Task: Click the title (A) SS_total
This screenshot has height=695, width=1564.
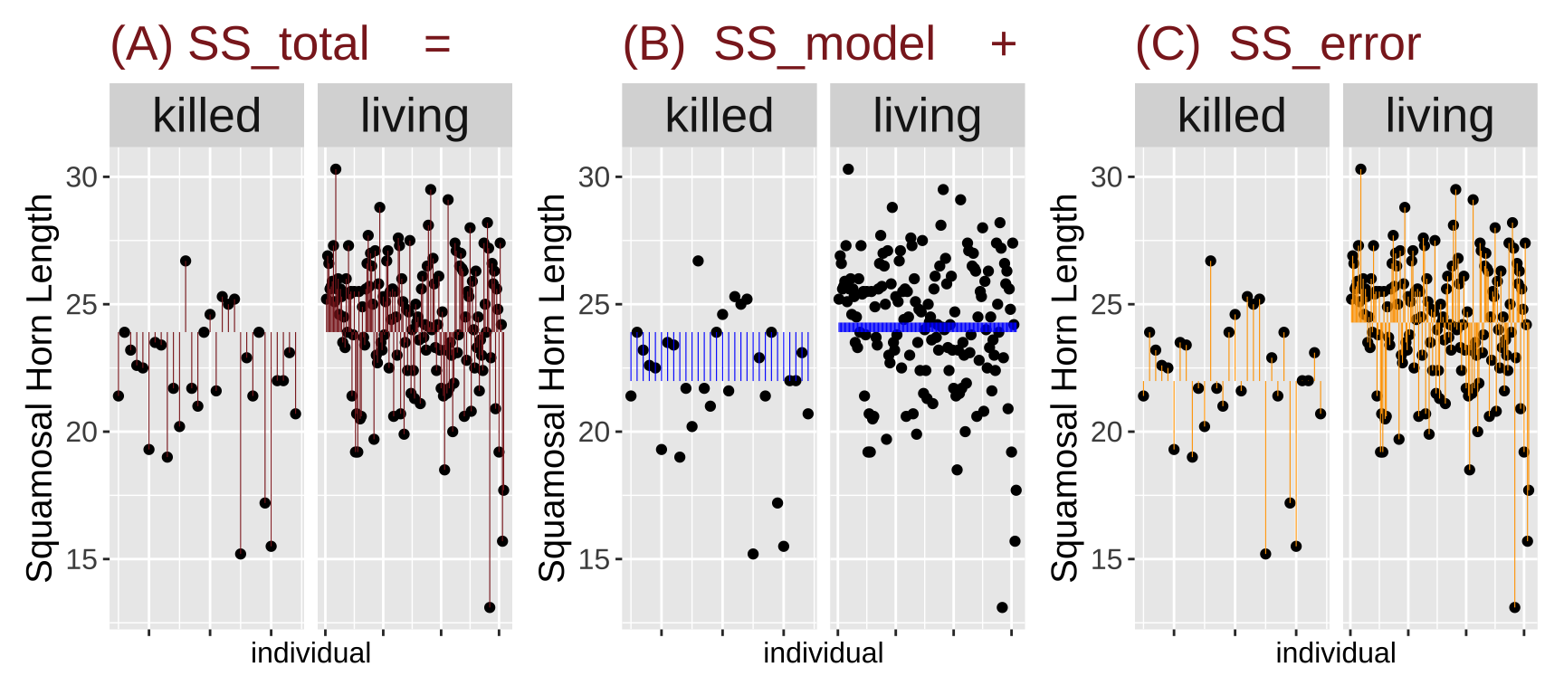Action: point(239,43)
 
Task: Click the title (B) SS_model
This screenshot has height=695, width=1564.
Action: point(778,43)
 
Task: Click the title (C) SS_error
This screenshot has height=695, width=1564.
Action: point(1278,43)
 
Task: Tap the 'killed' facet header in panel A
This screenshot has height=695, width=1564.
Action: point(206,116)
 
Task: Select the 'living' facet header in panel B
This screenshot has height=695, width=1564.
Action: point(927,116)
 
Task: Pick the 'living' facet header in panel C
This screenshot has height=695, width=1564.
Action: point(1439,116)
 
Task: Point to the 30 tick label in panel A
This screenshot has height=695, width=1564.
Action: point(81,177)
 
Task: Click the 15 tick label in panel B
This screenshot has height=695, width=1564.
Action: point(594,560)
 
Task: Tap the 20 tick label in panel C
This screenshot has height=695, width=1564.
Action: point(1107,433)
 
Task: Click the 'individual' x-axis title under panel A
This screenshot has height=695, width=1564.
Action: point(310,652)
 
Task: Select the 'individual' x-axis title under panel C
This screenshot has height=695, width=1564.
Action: point(1335,652)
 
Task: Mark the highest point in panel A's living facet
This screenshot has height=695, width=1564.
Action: point(335,169)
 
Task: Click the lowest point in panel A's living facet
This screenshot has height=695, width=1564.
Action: point(490,607)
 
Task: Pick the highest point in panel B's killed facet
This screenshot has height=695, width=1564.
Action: point(698,261)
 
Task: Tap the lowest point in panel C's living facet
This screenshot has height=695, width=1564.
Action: point(1514,607)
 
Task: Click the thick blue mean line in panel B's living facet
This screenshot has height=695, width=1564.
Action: point(927,327)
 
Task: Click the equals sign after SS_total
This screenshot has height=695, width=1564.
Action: point(437,43)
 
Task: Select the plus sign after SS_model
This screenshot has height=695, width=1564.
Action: point(1003,43)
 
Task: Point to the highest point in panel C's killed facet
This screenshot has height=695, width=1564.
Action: point(1210,261)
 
